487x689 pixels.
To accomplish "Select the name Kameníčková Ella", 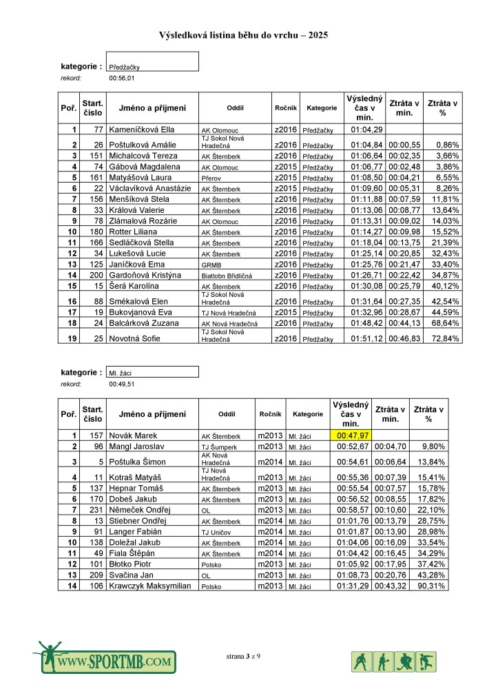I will click(x=142, y=130).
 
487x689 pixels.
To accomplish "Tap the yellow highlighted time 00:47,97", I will click(x=351, y=435).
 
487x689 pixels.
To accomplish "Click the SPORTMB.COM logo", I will click(x=103, y=660).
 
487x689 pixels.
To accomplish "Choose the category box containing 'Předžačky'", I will click(x=152, y=62).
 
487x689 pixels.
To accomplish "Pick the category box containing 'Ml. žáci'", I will click(x=152, y=372).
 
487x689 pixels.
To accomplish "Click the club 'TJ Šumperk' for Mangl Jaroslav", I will click(x=215, y=446).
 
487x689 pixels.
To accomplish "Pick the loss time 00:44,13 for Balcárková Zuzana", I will click(x=404, y=323).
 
